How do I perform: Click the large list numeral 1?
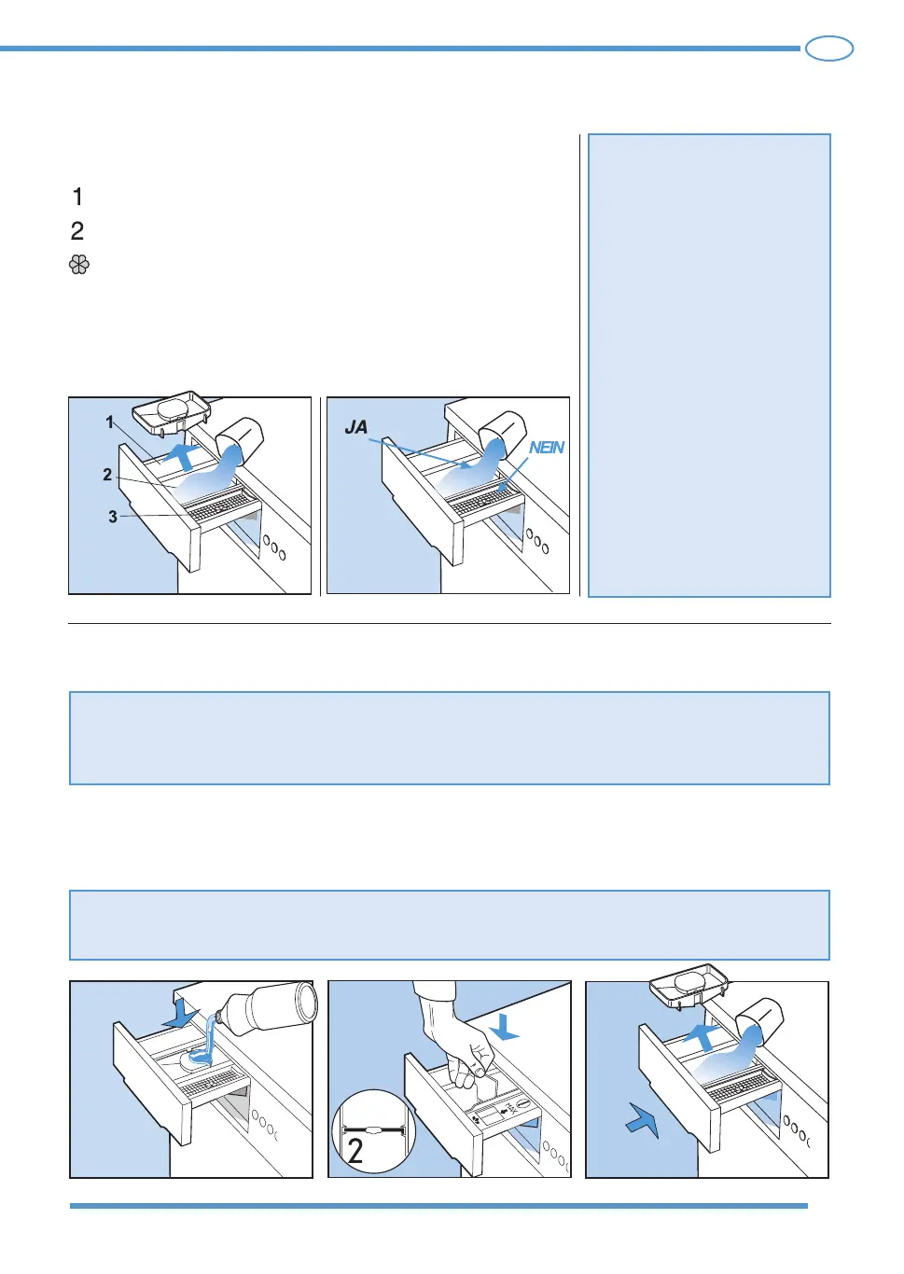[78, 197]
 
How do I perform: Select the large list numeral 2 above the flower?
[77, 231]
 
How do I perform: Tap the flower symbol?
[79, 265]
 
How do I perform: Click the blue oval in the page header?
[829, 48]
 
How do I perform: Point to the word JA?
[356, 427]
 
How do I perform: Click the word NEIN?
[546, 448]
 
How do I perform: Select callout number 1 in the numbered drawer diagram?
[110, 422]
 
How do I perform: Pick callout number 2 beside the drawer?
[107, 475]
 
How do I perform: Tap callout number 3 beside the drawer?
[113, 517]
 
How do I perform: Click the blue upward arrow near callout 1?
[183, 456]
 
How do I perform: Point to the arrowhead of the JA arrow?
[467, 466]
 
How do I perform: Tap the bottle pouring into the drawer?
[268, 1008]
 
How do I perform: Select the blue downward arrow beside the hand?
[504, 1027]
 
